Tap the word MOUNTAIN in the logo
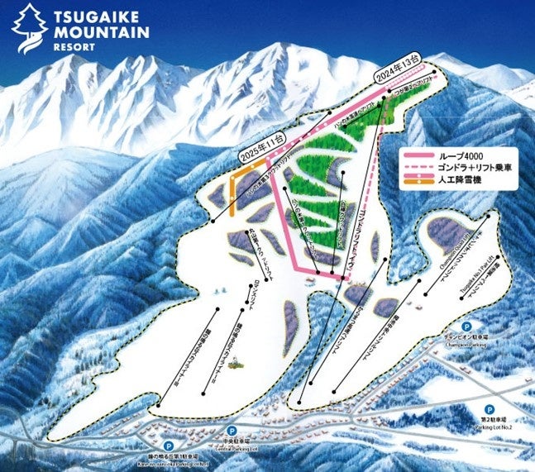[99, 33]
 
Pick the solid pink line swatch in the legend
[421, 155]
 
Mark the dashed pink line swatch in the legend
[421, 168]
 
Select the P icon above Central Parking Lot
[231, 431]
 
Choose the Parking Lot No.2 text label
[496, 425]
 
